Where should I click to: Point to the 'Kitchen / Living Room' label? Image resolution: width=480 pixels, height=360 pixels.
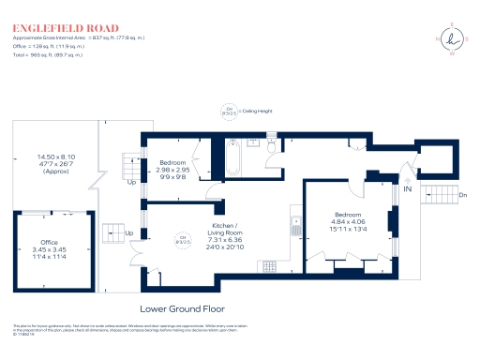[228, 229]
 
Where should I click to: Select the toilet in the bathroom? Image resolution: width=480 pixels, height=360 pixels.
[272, 146]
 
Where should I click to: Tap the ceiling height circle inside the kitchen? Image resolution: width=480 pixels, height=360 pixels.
[185, 237]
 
